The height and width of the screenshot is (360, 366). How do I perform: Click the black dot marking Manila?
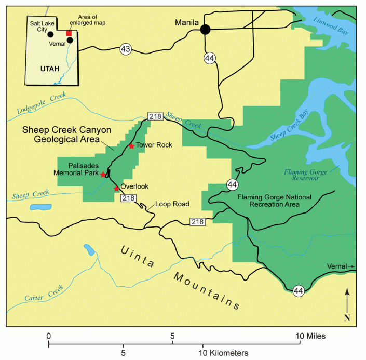click(x=206, y=30)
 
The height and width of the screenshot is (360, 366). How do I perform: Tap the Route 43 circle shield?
click(x=125, y=49)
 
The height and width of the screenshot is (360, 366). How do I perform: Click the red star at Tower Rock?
click(x=131, y=146)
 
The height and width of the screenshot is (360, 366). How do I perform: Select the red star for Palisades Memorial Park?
click(x=103, y=174)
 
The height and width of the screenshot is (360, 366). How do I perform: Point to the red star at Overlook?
click(x=116, y=189)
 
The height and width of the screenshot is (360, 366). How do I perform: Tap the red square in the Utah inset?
click(x=69, y=33)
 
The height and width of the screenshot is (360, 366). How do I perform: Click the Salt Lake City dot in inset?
click(x=50, y=35)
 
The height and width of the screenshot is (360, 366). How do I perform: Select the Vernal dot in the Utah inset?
click(x=70, y=40)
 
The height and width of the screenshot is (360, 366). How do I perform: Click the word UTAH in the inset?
click(x=50, y=69)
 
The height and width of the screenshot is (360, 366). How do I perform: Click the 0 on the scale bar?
click(x=48, y=336)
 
